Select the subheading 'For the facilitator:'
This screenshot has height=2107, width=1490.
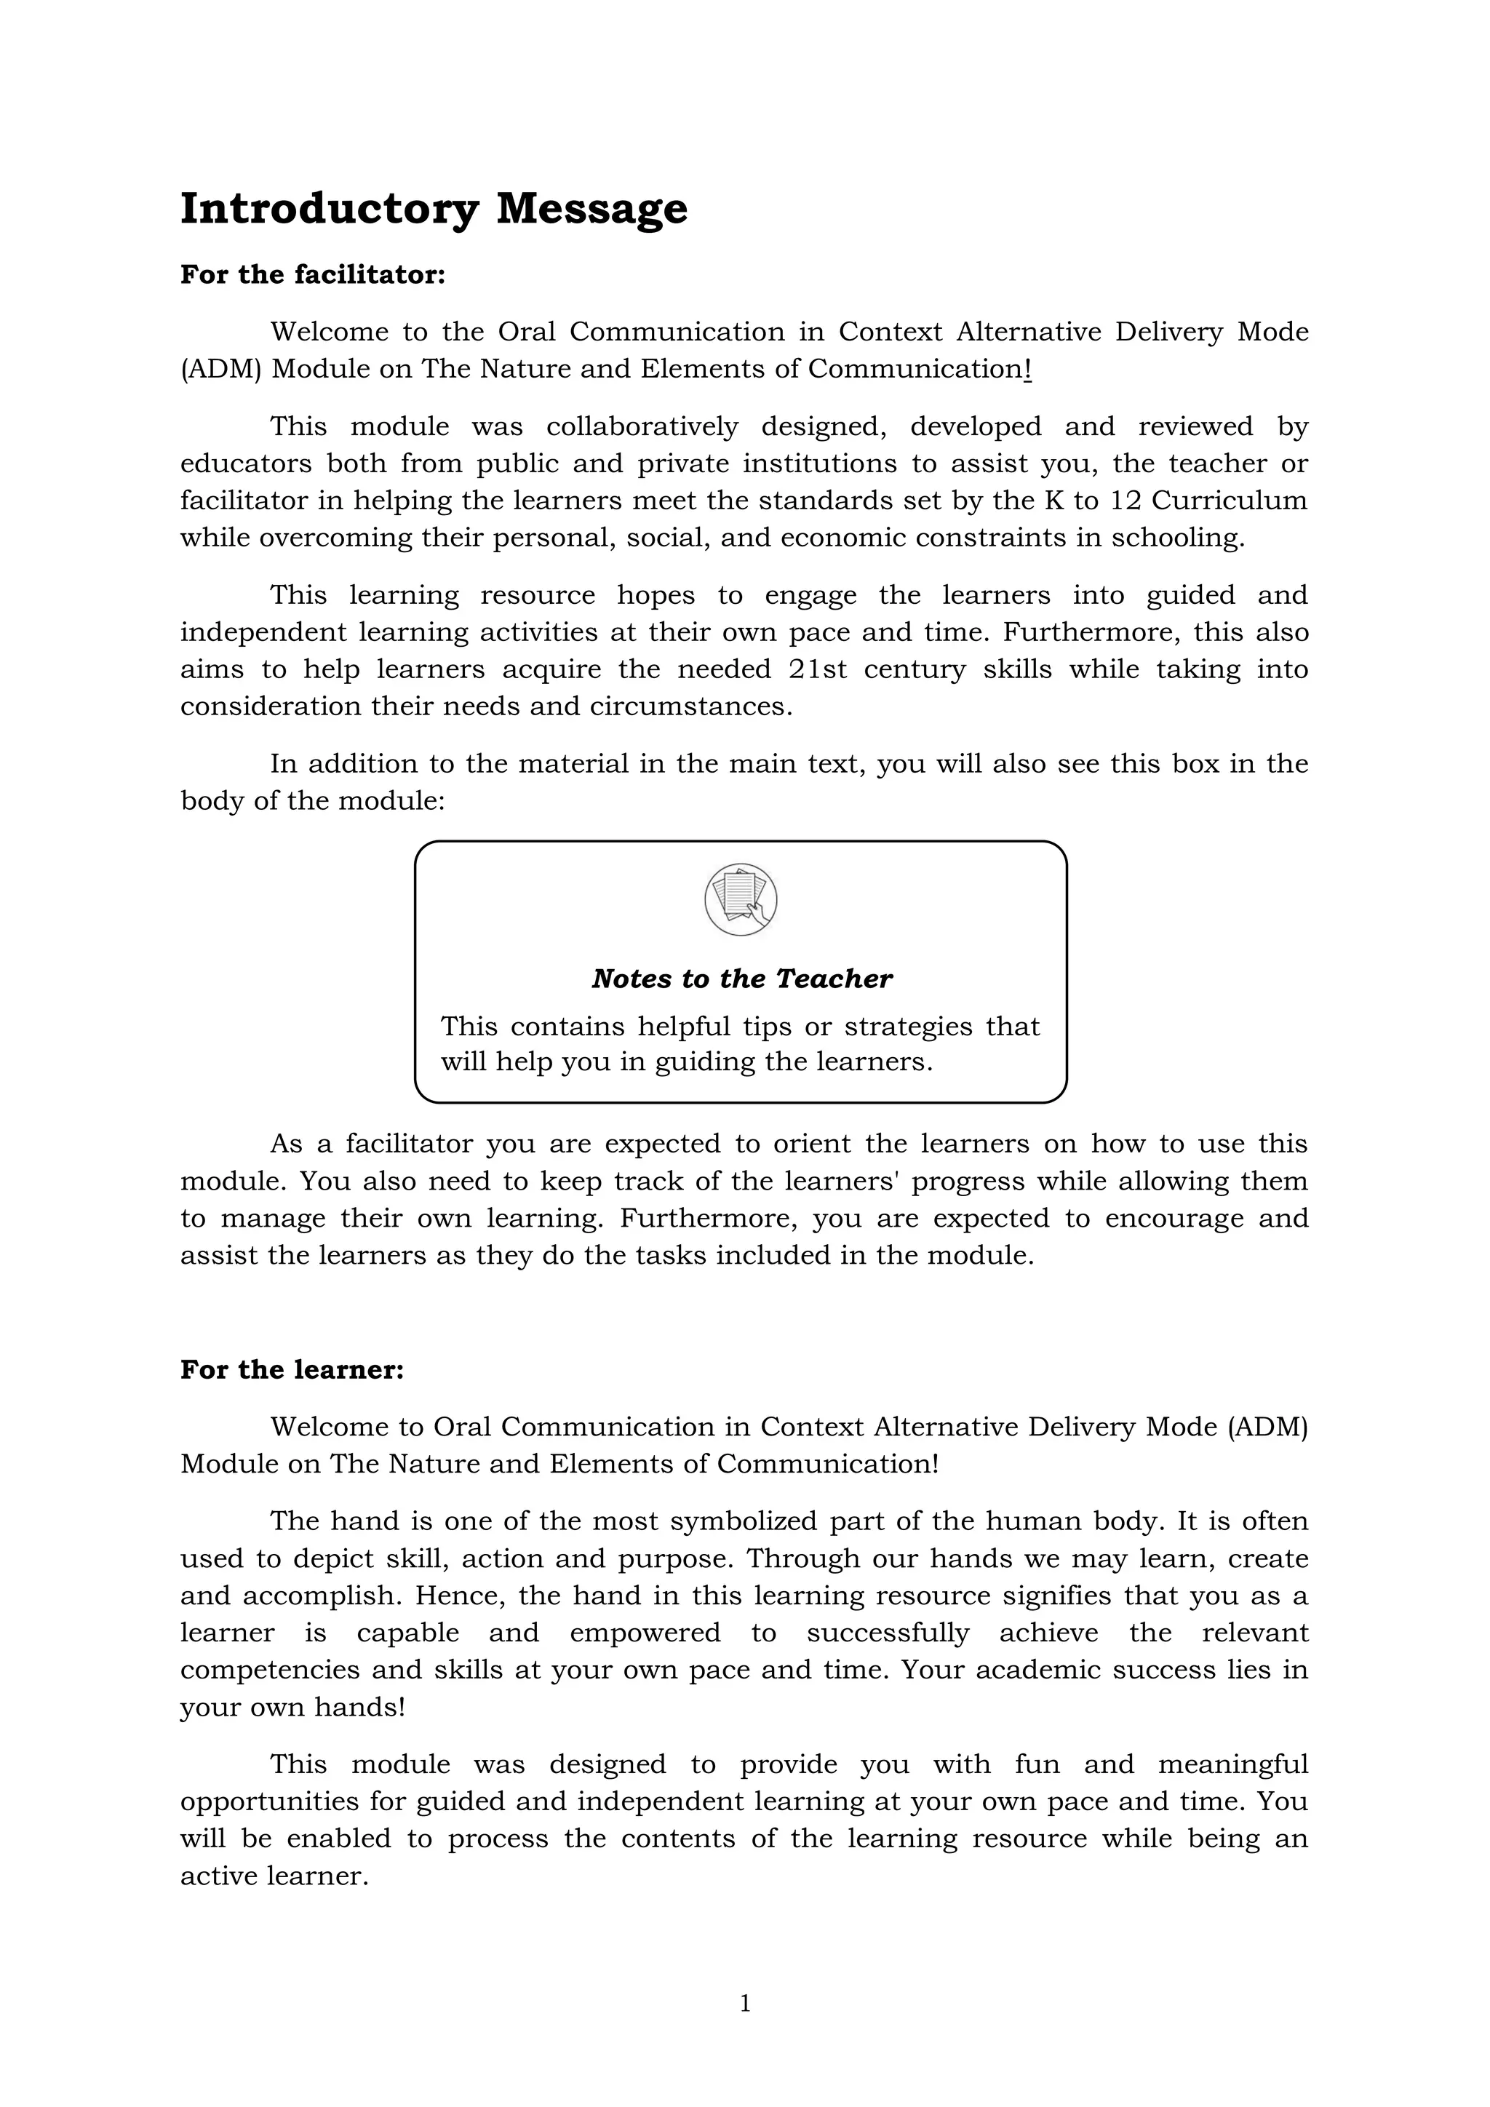312,274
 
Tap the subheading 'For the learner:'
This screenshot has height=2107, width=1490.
292,1369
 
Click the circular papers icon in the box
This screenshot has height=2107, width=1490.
741,899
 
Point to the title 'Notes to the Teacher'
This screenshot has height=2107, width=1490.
741,979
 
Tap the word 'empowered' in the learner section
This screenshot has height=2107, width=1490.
645,1633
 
